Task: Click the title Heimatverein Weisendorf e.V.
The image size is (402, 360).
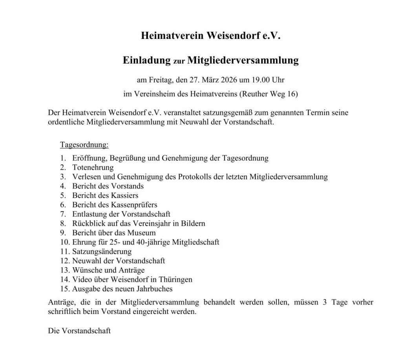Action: pyautogui.click(x=211, y=36)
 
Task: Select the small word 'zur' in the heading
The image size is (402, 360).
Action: pyautogui.click(x=179, y=62)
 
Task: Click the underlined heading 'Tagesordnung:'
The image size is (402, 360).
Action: pyautogui.click(x=84, y=145)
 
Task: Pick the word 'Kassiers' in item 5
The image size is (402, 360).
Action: pyautogui.click(x=125, y=195)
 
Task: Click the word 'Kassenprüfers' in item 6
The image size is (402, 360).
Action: pyautogui.click(x=135, y=205)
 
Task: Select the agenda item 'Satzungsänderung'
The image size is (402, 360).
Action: pyautogui.click(x=102, y=252)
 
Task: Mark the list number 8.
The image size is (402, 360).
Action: pyautogui.click(x=63, y=223)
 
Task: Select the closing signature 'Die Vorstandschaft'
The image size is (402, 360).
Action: pyautogui.click(x=79, y=331)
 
